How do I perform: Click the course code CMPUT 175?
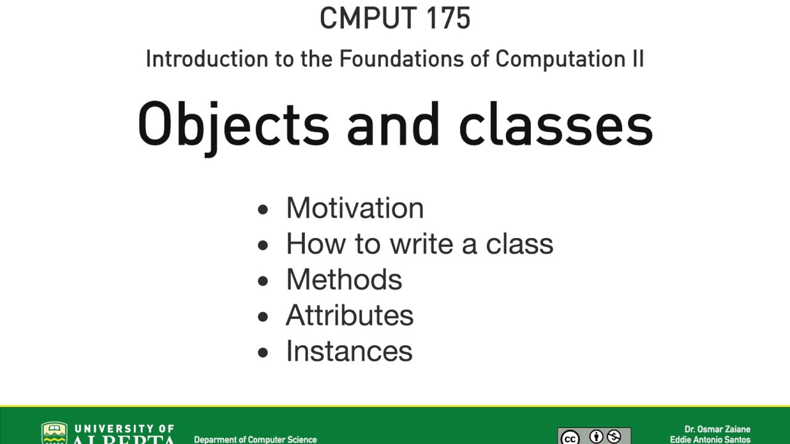point(395,18)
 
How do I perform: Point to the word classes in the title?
point(555,125)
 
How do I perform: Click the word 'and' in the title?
point(393,125)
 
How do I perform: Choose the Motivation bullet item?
point(355,208)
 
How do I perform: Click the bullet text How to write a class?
point(419,244)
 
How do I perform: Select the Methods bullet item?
point(344,279)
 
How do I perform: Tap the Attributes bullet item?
point(349,315)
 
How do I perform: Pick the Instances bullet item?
point(349,351)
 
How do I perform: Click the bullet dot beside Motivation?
point(264,210)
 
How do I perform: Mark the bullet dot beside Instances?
point(264,353)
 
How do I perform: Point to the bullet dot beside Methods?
point(264,281)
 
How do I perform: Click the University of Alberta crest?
point(54,434)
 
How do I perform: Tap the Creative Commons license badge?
point(594,437)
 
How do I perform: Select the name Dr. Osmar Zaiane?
point(717,429)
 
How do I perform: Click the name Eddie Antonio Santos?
point(710,440)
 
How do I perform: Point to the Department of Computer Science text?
point(256,440)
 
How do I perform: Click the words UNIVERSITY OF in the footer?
point(124,429)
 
